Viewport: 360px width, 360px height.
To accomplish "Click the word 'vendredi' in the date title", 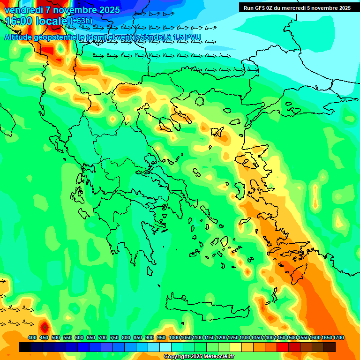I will coord(22,10).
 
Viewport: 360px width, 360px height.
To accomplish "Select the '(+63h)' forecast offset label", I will coord(81,21).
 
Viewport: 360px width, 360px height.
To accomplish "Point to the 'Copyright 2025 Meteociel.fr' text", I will coord(199,357).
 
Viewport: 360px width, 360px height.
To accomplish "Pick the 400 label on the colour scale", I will coord(32,337).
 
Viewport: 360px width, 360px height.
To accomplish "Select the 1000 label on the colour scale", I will coord(174,337).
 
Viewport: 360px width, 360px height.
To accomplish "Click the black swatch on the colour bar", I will coord(25,347).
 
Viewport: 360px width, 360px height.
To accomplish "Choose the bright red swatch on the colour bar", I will coord(283,347).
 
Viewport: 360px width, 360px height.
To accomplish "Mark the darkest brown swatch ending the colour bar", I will coord(330,347).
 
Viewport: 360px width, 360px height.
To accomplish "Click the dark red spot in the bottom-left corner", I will coord(44,326).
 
